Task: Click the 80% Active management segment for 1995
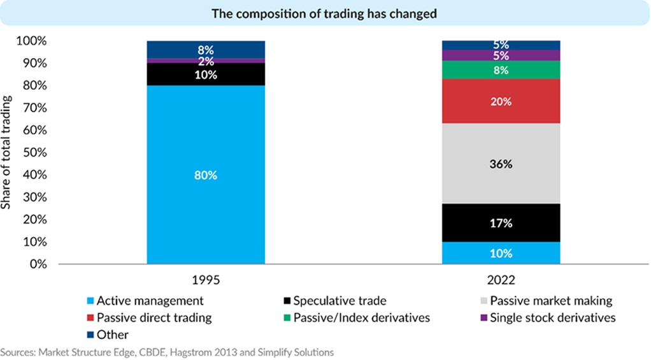click(206, 175)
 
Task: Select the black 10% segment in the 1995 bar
click(206, 74)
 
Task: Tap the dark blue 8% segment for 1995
click(206, 49)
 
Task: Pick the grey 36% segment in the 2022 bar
click(501, 164)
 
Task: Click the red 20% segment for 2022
click(501, 101)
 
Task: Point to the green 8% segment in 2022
click(501, 70)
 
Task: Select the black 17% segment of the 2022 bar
click(501, 223)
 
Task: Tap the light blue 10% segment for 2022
click(501, 253)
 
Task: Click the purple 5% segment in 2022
click(501, 55)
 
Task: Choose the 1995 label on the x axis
click(206, 279)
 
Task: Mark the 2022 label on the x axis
click(501, 279)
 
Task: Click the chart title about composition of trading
click(325, 13)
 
